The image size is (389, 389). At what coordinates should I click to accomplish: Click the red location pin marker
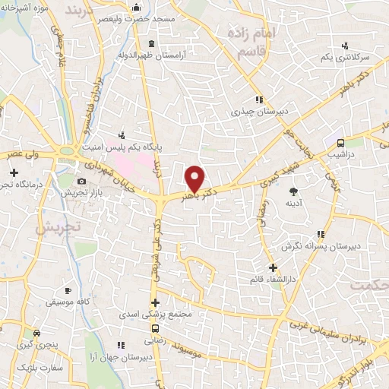(195, 178)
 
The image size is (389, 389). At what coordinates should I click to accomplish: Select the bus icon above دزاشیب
(340, 142)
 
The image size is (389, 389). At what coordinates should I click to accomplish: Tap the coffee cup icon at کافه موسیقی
(68, 290)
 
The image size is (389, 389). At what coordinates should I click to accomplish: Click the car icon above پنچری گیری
(36, 332)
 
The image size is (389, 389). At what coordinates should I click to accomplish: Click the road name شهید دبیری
(255, 176)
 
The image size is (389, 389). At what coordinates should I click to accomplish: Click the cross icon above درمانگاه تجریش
(13, 173)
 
